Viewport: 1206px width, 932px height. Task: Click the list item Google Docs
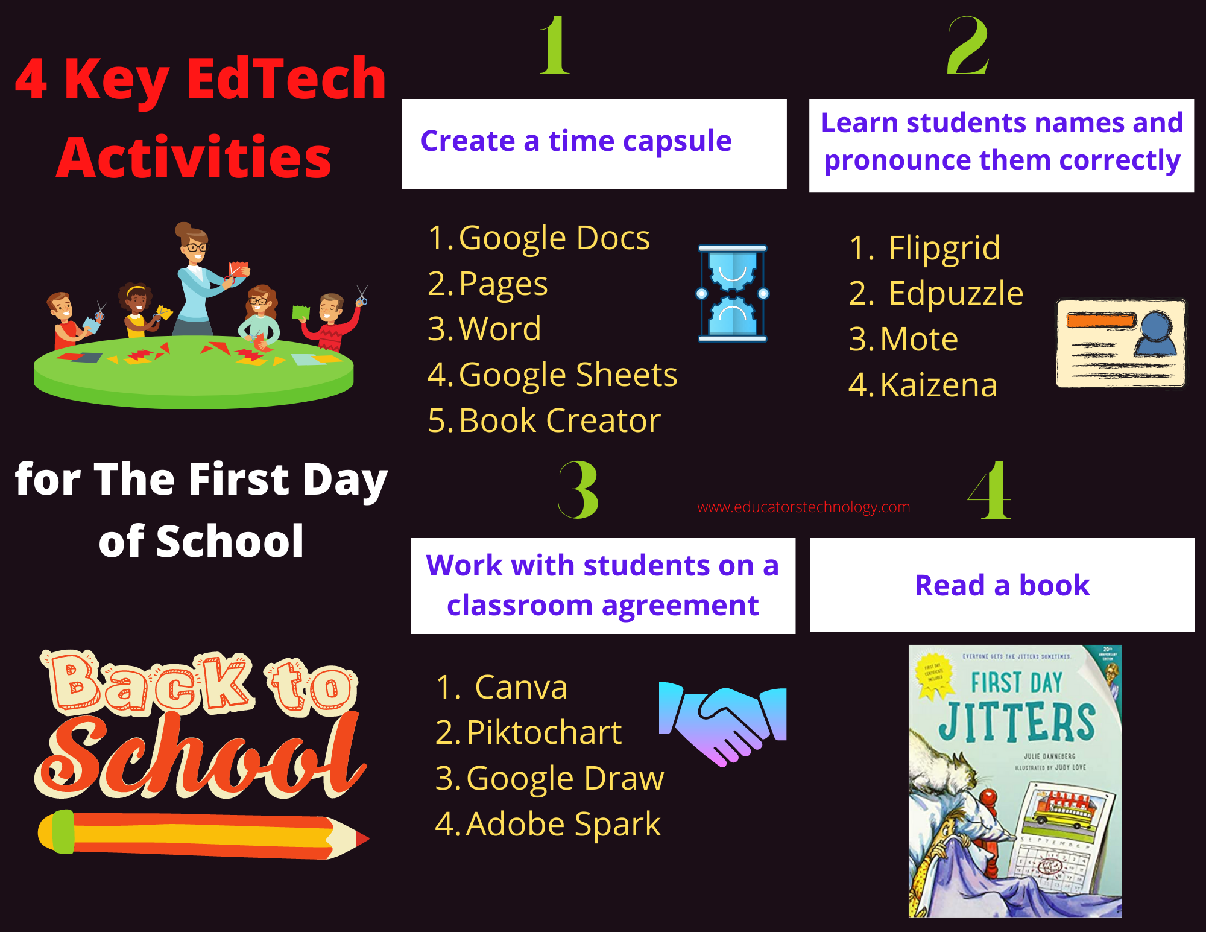click(554, 238)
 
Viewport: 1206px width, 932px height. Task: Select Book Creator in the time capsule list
click(559, 420)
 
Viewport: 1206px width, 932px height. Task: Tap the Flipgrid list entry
click(944, 248)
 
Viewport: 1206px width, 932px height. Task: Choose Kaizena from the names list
click(938, 385)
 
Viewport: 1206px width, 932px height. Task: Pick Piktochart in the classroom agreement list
click(543, 732)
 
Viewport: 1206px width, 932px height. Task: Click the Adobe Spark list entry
click(563, 824)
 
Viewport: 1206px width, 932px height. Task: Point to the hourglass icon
click(732, 294)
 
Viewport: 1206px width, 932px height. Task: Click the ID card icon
click(1120, 343)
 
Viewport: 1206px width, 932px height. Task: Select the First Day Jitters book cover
click(1015, 781)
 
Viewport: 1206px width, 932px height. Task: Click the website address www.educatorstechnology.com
click(803, 507)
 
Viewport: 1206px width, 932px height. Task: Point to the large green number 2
click(967, 46)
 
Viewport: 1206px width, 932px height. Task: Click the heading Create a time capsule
click(576, 142)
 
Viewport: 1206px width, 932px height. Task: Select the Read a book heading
click(1002, 585)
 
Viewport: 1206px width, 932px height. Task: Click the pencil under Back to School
click(202, 834)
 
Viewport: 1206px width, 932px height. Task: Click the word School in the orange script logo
click(199, 757)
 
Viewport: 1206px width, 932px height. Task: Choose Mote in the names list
click(918, 339)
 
